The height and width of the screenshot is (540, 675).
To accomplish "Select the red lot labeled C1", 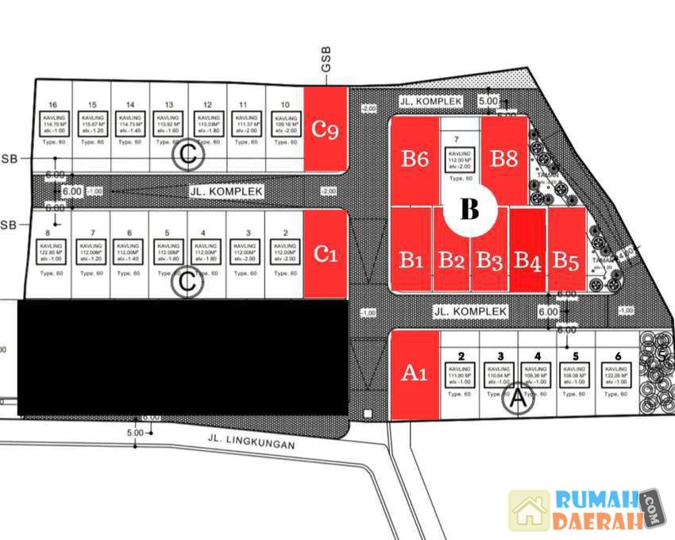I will click(x=326, y=253).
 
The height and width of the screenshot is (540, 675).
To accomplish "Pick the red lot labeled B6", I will click(x=414, y=159).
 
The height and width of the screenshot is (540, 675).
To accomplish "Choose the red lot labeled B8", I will click(x=503, y=157).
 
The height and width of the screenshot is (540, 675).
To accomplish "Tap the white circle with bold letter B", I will click(x=469, y=210).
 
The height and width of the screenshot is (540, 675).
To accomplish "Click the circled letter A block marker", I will click(x=519, y=400).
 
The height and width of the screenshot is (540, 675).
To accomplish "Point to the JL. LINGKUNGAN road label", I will click(x=251, y=442).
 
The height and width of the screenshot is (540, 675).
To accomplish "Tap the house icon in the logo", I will click(x=530, y=510).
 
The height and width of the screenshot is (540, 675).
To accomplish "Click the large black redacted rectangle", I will click(x=183, y=357).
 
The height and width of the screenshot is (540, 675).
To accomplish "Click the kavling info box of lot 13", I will click(x=168, y=124).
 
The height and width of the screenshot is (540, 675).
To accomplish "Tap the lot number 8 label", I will click(x=49, y=233).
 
